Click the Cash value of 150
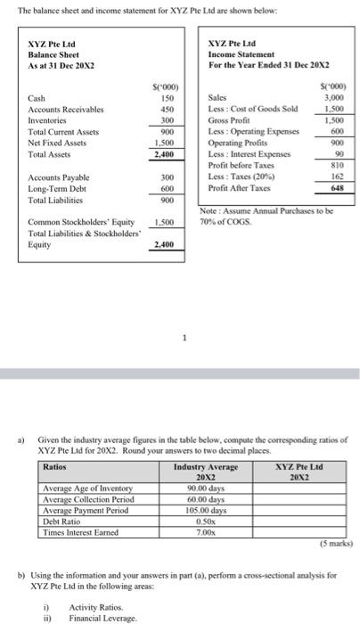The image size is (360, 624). [x=166, y=97]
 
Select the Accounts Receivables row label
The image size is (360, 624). [x=67, y=109]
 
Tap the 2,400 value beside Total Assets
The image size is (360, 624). [x=163, y=153]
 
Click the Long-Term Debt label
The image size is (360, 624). [x=57, y=188]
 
